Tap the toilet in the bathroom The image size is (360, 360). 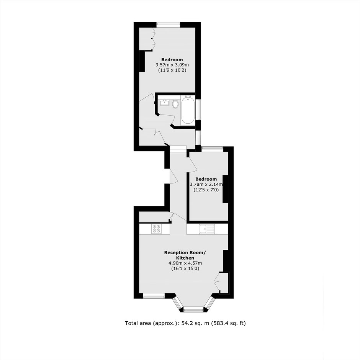pyautogui.click(x=176, y=103)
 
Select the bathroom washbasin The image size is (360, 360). pyautogui.click(x=164, y=103)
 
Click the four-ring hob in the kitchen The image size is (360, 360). pyautogui.click(x=156, y=229)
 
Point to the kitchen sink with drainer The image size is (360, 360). pyautogui.click(x=207, y=229)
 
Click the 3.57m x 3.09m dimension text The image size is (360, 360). pyautogui.click(x=172, y=65)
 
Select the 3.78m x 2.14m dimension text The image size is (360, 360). pyautogui.click(x=206, y=184)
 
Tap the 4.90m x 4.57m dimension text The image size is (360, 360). pyautogui.click(x=185, y=263)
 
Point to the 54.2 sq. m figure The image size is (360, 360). pyautogui.click(x=195, y=323)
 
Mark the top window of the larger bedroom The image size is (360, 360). pyautogui.click(x=168, y=25)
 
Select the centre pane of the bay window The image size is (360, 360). pyautogui.click(x=193, y=310)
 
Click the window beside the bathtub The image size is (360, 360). pyautogui.click(x=199, y=110)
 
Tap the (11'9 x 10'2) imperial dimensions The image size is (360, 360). pyautogui.click(x=172, y=70)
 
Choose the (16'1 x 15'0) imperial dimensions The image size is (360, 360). pyautogui.click(x=185, y=268)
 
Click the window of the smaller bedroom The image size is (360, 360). pyautogui.click(x=213, y=149)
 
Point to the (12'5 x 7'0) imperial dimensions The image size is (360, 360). pyautogui.click(x=206, y=190)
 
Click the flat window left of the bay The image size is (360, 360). pyautogui.click(x=154, y=296)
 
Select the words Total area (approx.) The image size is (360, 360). pyautogui.click(x=152, y=323)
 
